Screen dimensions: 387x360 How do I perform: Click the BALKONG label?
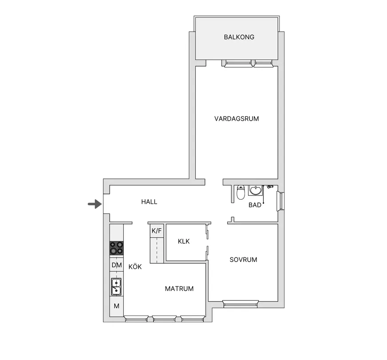click(239, 37)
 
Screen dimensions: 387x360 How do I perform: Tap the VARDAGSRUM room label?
click(237, 119)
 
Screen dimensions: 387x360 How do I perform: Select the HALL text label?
click(149, 202)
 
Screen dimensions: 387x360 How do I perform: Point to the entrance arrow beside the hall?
click(95, 204)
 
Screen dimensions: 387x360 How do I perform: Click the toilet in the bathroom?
click(241, 192)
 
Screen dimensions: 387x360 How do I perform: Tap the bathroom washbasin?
click(256, 190)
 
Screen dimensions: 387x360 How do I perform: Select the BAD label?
click(255, 205)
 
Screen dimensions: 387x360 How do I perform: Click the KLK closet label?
click(184, 241)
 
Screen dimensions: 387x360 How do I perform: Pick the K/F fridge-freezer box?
click(157, 231)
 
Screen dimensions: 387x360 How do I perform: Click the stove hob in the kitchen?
click(116, 248)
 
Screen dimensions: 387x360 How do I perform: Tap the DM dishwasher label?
click(116, 265)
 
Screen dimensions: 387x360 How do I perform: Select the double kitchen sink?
click(116, 287)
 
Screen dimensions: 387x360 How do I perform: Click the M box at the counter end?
click(116, 306)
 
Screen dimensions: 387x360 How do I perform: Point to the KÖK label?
click(135, 267)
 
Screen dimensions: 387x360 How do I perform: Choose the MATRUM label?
click(179, 289)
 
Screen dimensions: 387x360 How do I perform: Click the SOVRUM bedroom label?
click(243, 260)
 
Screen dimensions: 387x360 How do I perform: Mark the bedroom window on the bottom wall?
click(241, 304)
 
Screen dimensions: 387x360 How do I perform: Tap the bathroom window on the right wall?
click(280, 201)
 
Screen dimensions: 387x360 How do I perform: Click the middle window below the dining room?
click(164, 319)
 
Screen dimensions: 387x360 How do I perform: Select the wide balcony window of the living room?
click(238, 63)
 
